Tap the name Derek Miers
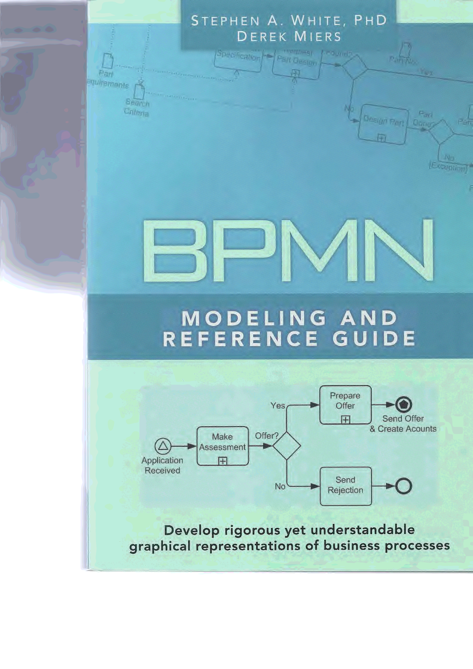(289, 37)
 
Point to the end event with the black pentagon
(403, 404)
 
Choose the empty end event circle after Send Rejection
(403, 486)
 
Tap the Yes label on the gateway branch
(278, 406)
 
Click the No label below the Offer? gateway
(280, 486)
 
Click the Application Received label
(162, 465)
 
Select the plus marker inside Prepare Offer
(345, 420)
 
